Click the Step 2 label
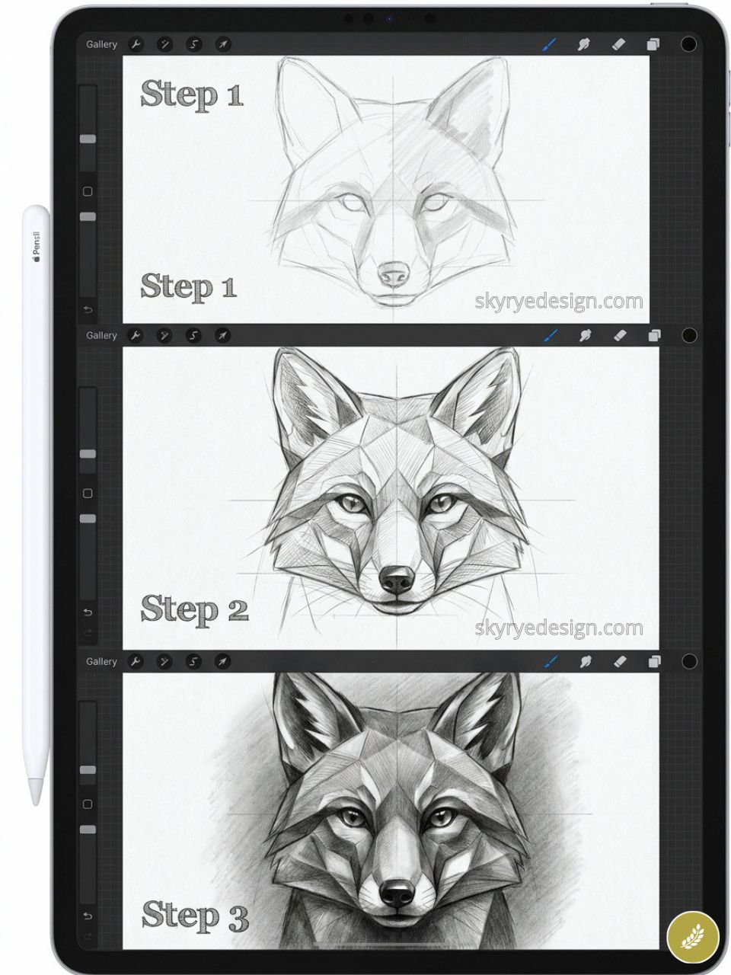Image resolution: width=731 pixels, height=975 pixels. pyautogui.click(x=194, y=610)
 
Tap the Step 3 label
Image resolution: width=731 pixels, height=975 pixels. pyautogui.click(x=195, y=915)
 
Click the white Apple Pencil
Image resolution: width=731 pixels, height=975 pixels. pyautogui.click(x=36, y=503)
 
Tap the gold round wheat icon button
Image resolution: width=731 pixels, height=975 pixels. pyautogui.click(x=692, y=936)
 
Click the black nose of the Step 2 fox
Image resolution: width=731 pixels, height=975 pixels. pyautogui.click(x=396, y=580)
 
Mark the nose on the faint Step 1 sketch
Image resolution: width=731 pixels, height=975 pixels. pyautogui.click(x=394, y=273)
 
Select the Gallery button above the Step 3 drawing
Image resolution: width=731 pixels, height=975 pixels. pyautogui.click(x=101, y=661)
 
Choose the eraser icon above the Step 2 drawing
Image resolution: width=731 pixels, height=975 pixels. pyautogui.click(x=618, y=335)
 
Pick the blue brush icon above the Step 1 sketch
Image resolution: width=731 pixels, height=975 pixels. pyautogui.click(x=549, y=44)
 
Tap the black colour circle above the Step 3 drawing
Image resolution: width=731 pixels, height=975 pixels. pyautogui.click(x=689, y=661)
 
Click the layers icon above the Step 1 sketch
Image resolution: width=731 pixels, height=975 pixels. pyautogui.click(x=653, y=44)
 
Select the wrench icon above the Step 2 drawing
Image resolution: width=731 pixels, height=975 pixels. pyautogui.click(x=136, y=335)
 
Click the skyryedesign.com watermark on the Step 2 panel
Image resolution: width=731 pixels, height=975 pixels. pyautogui.click(x=559, y=628)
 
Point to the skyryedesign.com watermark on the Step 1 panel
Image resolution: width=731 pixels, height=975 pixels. pyautogui.click(x=559, y=302)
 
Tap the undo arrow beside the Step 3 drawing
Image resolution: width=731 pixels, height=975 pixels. pyautogui.click(x=88, y=916)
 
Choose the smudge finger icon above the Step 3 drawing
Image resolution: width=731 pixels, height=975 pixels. pyautogui.click(x=585, y=661)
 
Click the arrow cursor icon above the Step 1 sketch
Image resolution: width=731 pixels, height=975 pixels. pyautogui.click(x=222, y=44)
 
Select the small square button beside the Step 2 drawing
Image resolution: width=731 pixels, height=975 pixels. pyautogui.click(x=88, y=494)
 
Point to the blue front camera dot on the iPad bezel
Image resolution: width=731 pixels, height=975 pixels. pyautogui.click(x=389, y=18)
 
